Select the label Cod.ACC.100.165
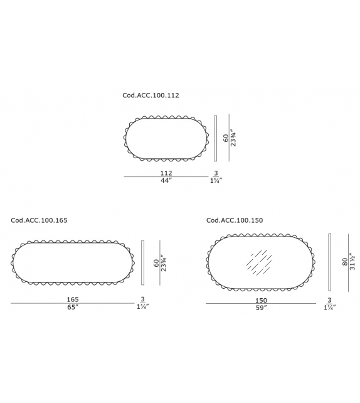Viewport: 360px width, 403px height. [40, 220]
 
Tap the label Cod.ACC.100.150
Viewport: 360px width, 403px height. [235, 220]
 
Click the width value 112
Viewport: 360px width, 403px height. [166, 173]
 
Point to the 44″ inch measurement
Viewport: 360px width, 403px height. [166, 181]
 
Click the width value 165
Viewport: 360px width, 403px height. [73, 299]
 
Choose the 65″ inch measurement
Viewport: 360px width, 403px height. [73, 308]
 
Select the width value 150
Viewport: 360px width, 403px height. [261, 301]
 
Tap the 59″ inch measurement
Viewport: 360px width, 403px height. [261, 308]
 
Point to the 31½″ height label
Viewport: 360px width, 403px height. [353, 262]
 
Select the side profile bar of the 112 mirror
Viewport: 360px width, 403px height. [215, 138]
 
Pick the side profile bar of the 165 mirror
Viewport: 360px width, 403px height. [144, 263]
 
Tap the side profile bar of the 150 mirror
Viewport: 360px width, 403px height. [329, 262]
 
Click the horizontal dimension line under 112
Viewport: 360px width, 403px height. [166, 177]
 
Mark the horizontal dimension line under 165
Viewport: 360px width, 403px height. [73, 304]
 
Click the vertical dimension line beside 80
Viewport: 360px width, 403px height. [349, 262]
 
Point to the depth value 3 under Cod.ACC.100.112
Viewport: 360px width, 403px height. [216, 173]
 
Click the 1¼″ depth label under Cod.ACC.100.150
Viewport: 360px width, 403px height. [329, 308]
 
